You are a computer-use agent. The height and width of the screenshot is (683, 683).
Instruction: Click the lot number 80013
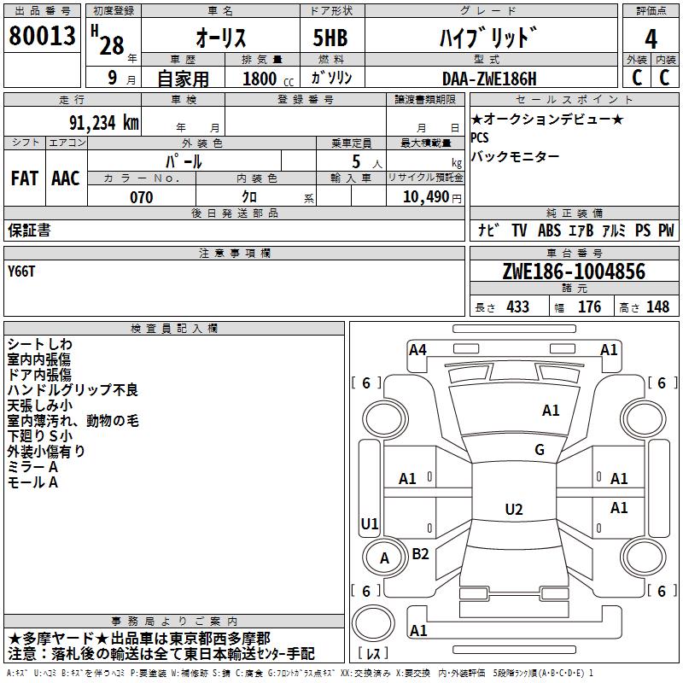(42, 35)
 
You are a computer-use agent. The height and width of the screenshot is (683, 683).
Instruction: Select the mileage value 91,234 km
(104, 123)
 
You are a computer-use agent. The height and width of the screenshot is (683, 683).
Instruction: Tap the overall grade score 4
(651, 39)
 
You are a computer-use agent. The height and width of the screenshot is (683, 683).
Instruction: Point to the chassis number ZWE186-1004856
(574, 271)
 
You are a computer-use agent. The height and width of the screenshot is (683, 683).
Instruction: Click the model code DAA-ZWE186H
(489, 79)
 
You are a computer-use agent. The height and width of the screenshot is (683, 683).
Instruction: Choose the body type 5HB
(330, 38)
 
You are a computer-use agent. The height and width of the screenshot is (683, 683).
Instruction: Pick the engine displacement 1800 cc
(268, 79)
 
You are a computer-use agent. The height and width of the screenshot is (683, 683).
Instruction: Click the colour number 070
(142, 197)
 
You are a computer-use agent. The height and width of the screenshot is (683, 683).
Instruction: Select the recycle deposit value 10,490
(426, 197)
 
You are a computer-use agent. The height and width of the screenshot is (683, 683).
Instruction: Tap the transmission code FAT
(25, 178)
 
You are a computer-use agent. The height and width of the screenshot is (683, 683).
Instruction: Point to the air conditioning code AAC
(66, 178)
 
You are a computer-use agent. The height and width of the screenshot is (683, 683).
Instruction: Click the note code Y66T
(21, 271)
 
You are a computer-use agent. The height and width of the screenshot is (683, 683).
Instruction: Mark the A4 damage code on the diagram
(417, 350)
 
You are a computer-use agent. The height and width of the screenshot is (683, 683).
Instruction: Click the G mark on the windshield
(540, 450)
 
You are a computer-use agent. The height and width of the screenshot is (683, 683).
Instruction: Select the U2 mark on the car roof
(514, 509)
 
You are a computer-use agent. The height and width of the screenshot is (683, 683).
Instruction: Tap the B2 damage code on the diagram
(420, 554)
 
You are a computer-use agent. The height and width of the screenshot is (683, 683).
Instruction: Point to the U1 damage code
(370, 523)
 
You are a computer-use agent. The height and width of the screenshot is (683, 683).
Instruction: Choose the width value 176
(589, 306)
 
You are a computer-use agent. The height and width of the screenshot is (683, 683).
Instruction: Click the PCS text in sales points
(480, 137)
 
